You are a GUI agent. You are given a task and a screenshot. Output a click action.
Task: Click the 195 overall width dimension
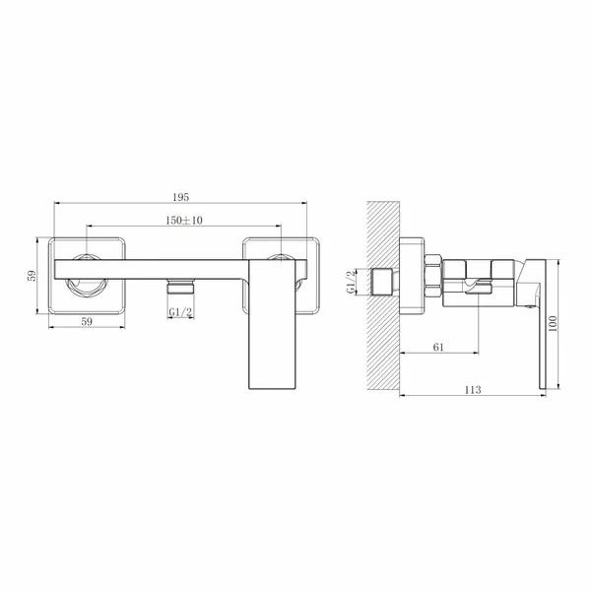[x=181, y=197]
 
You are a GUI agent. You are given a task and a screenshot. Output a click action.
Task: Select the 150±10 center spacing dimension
[x=184, y=220]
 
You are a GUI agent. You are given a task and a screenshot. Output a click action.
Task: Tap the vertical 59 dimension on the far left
[x=33, y=275]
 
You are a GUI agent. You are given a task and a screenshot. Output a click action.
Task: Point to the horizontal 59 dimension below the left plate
[x=87, y=321]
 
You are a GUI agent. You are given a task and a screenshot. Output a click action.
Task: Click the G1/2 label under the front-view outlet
[x=180, y=312]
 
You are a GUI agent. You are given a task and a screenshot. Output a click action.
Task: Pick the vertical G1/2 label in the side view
[x=351, y=282]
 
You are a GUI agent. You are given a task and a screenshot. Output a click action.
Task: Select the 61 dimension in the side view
[x=438, y=347]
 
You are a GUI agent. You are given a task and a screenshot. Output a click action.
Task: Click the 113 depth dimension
[x=473, y=389]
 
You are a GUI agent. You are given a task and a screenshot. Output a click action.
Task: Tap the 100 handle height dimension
[x=553, y=324]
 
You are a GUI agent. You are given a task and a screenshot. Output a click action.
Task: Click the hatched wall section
[x=383, y=295]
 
